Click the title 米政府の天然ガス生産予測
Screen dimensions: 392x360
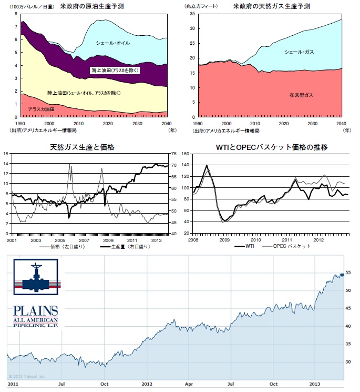272,7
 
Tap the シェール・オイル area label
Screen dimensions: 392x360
113,43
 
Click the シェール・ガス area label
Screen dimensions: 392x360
299,52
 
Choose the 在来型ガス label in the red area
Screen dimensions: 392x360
301,95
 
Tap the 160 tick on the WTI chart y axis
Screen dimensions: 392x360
185,154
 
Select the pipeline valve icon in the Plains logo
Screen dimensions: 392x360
36,278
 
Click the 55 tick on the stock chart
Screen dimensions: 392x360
348,273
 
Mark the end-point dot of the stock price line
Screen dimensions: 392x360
342,274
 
